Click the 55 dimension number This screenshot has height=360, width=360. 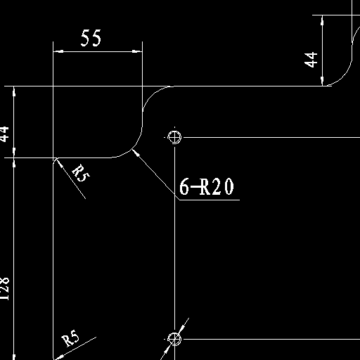coord(91,38)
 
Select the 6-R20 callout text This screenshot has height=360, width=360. coord(207,186)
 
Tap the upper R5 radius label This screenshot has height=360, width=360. coord(81,173)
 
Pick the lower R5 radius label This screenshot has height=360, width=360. coord(70,338)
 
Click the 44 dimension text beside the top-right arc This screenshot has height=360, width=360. coord(311,60)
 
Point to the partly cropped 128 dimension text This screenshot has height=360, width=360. coord(4,289)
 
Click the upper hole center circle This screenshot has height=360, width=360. coord(174,137)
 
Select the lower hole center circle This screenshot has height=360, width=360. coord(174,339)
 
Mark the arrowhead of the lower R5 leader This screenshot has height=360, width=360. coord(58,356)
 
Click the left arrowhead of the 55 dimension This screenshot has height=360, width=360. coord(58,51)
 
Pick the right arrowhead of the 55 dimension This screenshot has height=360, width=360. coord(137,51)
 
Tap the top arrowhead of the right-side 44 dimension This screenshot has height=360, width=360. coord(323,20)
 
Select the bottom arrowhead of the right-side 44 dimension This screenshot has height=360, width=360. coord(323,81)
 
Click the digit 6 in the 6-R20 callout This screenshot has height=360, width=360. coord(184,186)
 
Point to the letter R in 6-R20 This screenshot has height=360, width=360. coord(205,186)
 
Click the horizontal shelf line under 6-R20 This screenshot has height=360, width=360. coord(210,200)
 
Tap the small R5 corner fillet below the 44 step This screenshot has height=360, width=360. coord(55,160)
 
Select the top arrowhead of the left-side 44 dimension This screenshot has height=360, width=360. coord(14,91)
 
